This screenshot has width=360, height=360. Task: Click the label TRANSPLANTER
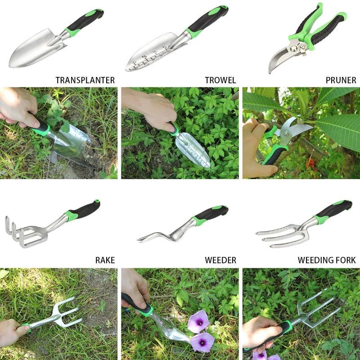pyautogui.click(x=85, y=80)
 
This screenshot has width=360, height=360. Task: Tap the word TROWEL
pyautogui.click(x=220, y=80)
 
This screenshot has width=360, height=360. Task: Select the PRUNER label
pyautogui.click(x=341, y=80)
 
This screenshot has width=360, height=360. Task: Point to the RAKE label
pyautogui.click(x=105, y=260)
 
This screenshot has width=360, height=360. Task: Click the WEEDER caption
pyautogui.click(x=220, y=260)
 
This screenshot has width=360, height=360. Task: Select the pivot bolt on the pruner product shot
pyautogui.click(x=293, y=49)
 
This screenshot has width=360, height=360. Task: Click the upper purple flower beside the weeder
pyautogui.click(x=198, y=321)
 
